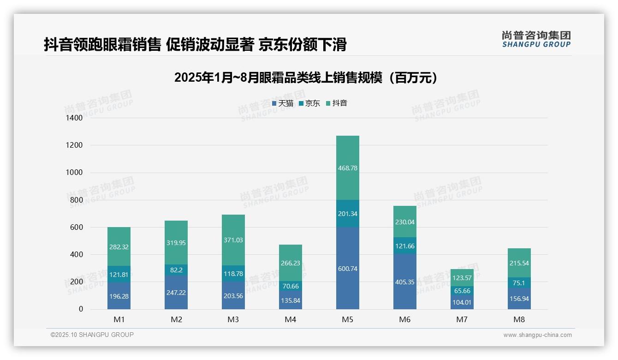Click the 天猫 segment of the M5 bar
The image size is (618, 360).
[348, 269]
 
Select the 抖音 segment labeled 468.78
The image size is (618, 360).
[348, 168]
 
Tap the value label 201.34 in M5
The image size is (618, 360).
[348, 214]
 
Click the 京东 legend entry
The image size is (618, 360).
[309, 103]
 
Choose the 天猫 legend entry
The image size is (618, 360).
[282, 103]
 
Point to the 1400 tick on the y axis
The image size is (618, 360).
[73, 118]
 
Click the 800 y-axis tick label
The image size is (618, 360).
[75, 200]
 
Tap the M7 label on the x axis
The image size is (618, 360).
[462, 319]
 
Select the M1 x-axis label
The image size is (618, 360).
[119, 319]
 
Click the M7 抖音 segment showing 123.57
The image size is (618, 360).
[462, 278]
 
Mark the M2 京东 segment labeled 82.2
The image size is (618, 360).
[176, 270]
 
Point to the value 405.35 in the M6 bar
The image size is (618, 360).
[405, 282]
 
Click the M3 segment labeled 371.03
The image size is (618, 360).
[233, 240]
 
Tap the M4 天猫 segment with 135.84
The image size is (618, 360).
[291, 300]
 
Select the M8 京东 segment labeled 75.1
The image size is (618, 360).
[519, 283]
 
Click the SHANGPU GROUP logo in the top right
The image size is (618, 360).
[536, 39]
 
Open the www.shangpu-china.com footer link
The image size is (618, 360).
[537, 335]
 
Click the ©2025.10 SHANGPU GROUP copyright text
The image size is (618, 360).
[92, 335]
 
